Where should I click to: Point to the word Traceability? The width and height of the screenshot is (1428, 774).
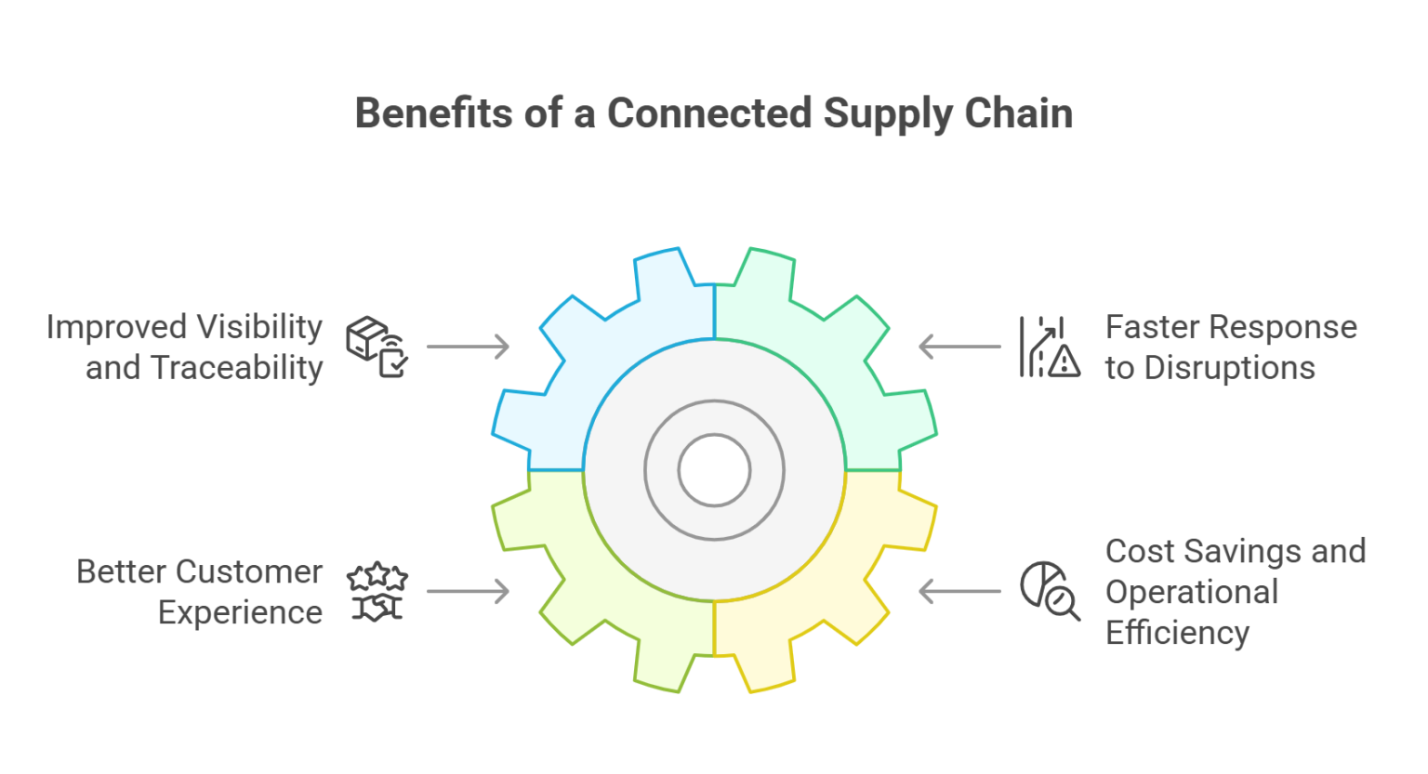click(237, 368)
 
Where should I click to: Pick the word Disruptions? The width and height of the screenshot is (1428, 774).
click(1229, 368)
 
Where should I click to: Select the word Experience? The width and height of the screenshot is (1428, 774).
click(241, 612)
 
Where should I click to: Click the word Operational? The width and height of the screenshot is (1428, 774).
click(1192, 592)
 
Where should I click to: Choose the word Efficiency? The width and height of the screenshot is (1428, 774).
click(1177, 633)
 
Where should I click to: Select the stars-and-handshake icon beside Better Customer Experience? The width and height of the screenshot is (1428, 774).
click(377, 592)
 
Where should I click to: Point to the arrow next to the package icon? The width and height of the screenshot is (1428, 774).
click(468, 347)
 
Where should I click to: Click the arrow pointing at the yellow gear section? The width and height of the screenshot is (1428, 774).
click(960, 591)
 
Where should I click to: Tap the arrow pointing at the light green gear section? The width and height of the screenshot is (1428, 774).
click(468, 591)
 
